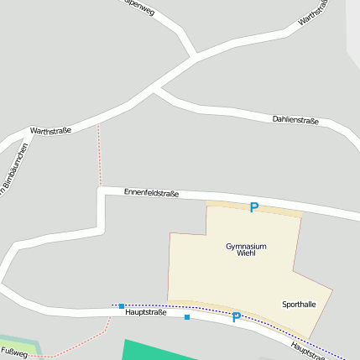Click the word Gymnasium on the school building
pyautogui.click(x=246, y=246)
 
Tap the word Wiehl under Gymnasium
pyautogui.click(x=246, y=253)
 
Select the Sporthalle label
pyautogui.click(x=299, y=304)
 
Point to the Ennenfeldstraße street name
pyautogui.click(x=151, y=193)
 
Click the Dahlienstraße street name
pyautogui.click(x=295, y=121)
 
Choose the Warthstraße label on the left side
pyautogui.click(x=50, y=131)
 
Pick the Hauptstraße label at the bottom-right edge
pyautogui.click(x=308, y=350)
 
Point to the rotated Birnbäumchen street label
pyautogui.click(x=14, y=169)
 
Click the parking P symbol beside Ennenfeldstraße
pyautogui.click(x=253, y=207)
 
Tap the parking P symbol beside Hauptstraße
pyautogui.click(x=236, y=317)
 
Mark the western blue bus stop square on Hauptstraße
pyautogui.click(x=122, y=306)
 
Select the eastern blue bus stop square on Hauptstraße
pyautogui.click(x=186, y=317)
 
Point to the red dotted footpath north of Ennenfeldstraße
pyautogui.click(x=99, y=155)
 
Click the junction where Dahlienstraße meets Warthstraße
pyautogui.click(x=155, y=89)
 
